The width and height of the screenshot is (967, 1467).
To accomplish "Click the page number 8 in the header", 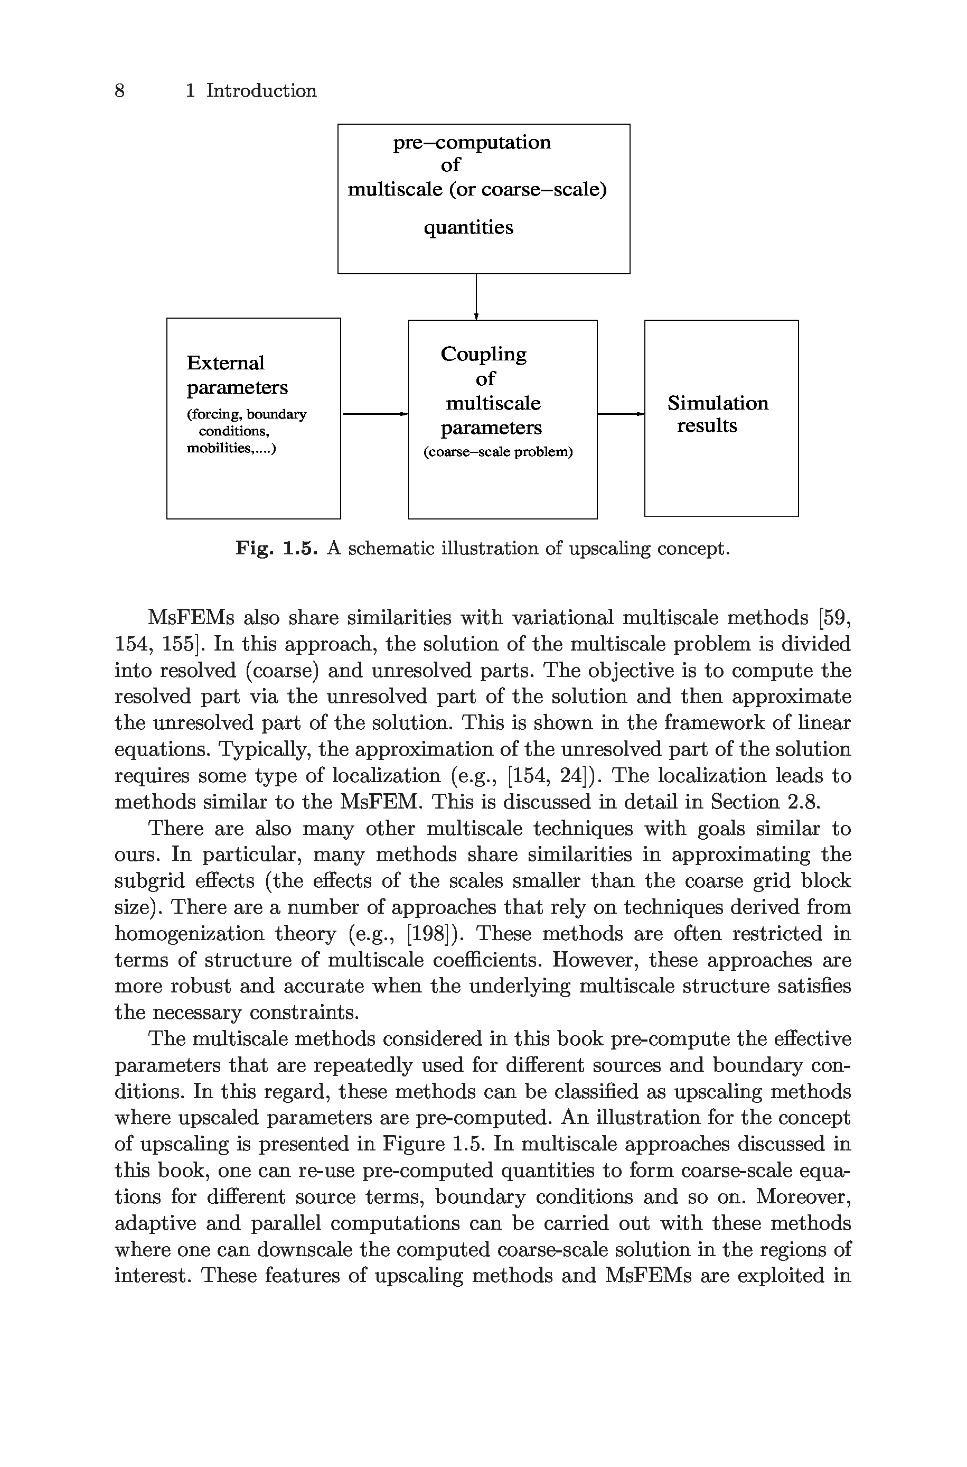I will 120,91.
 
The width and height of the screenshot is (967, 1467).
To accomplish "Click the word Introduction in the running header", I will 261,91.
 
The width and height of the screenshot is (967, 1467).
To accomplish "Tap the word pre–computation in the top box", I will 472,143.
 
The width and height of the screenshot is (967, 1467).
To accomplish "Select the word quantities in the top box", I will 468,228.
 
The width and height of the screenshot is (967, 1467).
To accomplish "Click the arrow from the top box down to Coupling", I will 476,297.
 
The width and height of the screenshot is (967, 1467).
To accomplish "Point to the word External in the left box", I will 225,363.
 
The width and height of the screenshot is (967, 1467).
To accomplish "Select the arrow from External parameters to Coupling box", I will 374,414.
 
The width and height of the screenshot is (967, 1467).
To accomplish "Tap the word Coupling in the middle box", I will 484,355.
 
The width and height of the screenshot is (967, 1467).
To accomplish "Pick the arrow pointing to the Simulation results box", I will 621,414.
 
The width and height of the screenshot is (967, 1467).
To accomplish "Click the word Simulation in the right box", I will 718,403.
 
